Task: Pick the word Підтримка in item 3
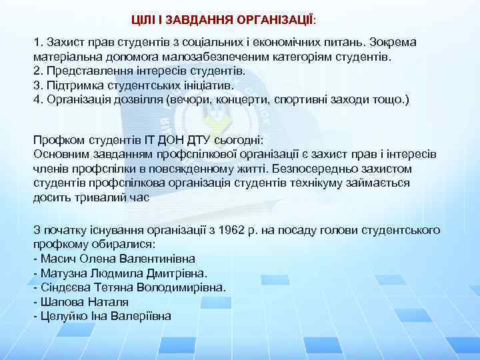69,85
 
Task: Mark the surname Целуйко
63,315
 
